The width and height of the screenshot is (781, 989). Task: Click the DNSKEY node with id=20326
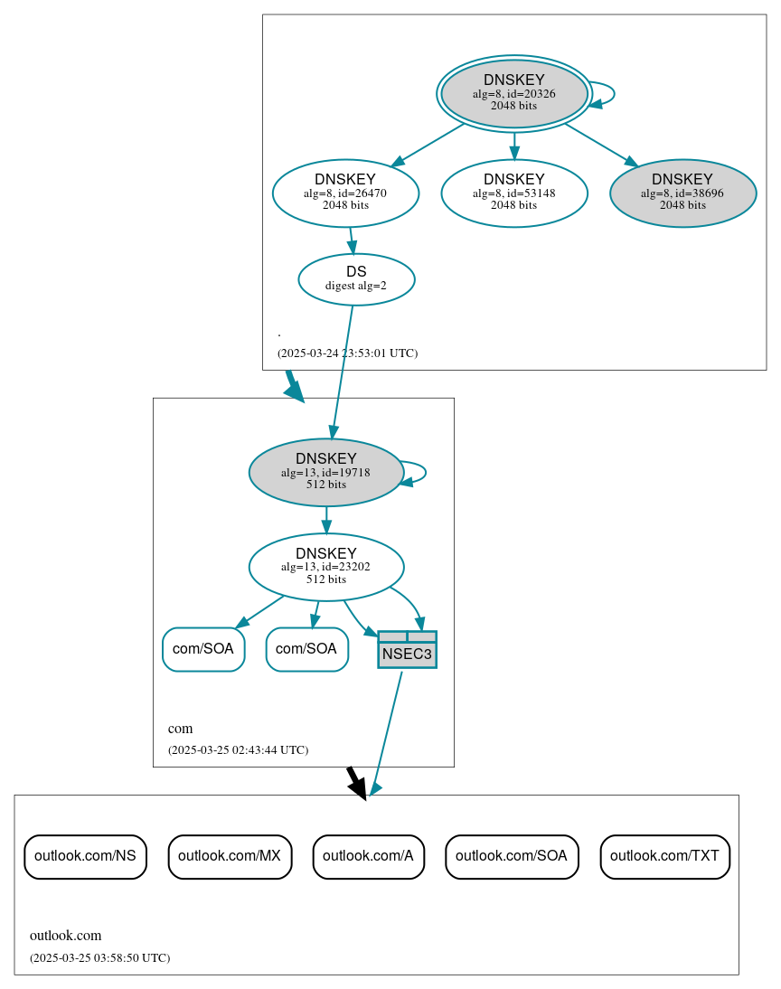coord(513,93)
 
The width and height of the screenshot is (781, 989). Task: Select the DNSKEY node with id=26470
coord(345,193)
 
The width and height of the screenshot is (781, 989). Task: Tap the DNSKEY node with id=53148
coord(513,193)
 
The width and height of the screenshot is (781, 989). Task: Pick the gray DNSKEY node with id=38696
coord(682,193)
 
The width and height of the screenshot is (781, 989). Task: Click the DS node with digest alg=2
coord(356,278)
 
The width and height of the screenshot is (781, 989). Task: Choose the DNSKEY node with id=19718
coord(325,472)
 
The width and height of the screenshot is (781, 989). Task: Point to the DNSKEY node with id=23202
coord(325,567)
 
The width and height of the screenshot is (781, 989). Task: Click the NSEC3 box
coord(407,650)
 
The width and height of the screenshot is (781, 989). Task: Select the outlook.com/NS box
coord(85,856)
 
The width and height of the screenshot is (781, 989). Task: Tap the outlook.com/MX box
coord(230,856)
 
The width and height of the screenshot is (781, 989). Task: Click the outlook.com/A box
coord(368,856)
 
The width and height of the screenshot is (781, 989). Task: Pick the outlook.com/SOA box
coord(512,856)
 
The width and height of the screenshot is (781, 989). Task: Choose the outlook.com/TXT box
coord(664,856)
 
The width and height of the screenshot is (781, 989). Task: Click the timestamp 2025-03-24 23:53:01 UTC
coord(347,353)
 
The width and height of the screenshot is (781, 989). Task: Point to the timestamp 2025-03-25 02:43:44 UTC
coord(238,750)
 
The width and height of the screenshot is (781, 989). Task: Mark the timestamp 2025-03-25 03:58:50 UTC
coord(99,958)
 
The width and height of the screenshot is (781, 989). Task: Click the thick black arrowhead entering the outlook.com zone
coord(359,788)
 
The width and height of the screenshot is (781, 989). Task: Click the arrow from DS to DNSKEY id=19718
coord(343,371)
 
